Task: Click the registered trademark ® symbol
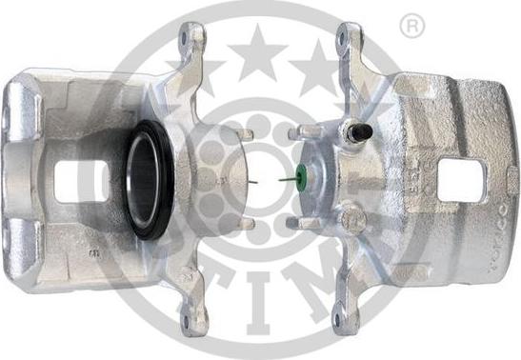tap(411, 27)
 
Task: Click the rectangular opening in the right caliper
tap(462, 180)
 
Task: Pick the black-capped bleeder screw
tap(357, 133)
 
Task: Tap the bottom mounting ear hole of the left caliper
tap(192, 323)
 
